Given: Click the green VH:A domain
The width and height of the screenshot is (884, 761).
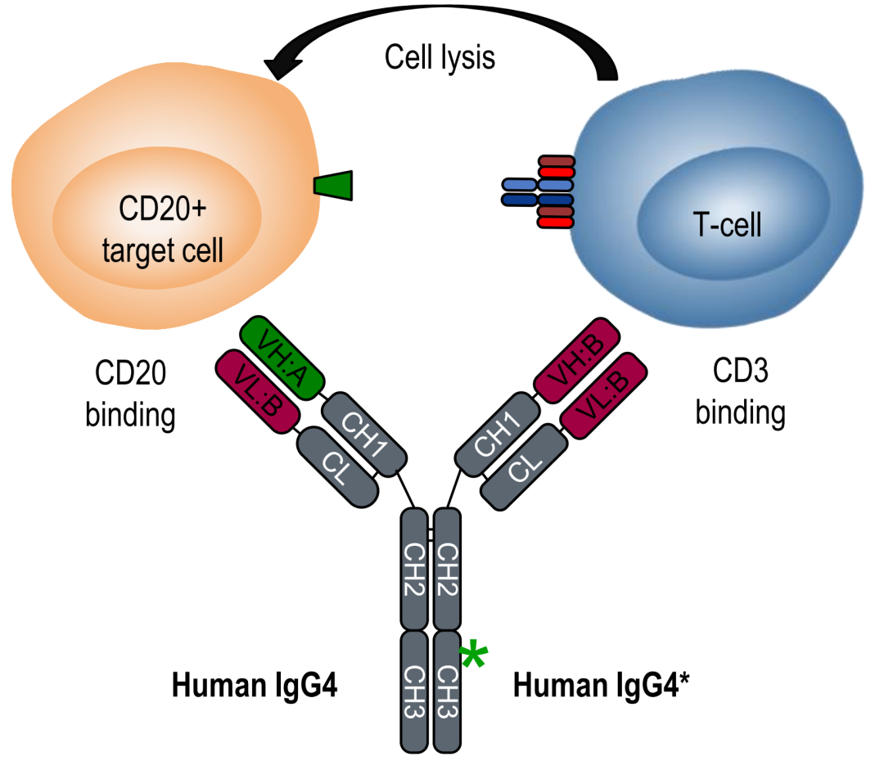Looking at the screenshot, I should pyautogui.click(x=283, y=357).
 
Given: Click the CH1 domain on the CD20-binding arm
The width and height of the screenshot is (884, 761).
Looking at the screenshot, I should pyautogui.click(x=364, y=432).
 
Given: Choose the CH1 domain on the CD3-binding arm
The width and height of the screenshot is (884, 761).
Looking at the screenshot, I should pyautogui.click(x=496, y=434).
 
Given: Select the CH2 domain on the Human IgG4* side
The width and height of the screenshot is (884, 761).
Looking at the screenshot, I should pyautogui.click(x=448, y=568).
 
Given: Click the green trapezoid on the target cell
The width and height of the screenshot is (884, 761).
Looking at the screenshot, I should pyautogui.click(x=332, y=185).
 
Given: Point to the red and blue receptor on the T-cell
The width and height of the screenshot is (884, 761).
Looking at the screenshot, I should pyautogui.click(x=540, y=191).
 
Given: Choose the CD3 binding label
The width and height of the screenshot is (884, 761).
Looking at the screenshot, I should pyautogui.click(x=740, y=394).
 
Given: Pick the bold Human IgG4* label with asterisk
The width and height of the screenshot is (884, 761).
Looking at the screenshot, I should pyautogui.click(x=601, y=686).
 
